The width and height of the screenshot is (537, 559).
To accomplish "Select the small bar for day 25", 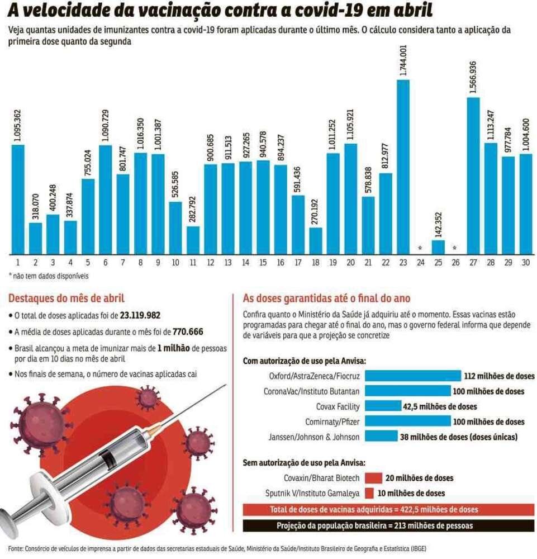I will pos(438,246).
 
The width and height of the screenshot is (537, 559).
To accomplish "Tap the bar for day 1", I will pos(18,198).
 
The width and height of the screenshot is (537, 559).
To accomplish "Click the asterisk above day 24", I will pos(420,248).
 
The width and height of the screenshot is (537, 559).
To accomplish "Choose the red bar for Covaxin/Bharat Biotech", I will pos(372,478).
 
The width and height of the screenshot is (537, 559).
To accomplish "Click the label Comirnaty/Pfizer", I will pos(332,421).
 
